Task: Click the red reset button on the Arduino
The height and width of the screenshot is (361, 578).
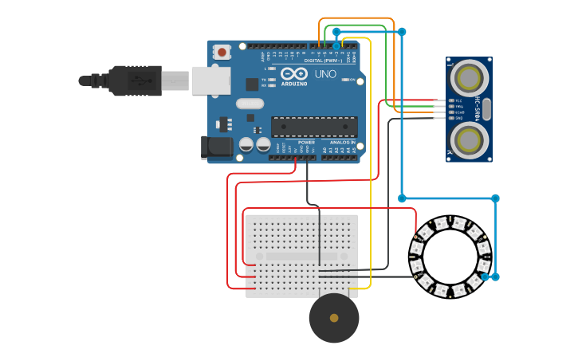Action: click(x=222, y=53)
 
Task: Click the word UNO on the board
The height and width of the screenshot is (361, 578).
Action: click(x=325, y=74)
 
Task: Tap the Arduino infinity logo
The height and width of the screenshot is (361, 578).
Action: click(x=293, y=73)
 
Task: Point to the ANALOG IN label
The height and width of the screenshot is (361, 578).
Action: click(x=343, y=143)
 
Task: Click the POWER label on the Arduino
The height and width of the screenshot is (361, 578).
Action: click(x=307, y=143)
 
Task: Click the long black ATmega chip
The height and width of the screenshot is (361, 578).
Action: click(x=314, y=126)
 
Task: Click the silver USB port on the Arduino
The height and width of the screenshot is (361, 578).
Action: click(x=211, y=80)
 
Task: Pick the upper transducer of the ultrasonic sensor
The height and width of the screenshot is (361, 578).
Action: click(x=468, y=78)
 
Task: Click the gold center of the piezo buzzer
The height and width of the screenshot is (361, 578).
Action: click(x=334, y=318)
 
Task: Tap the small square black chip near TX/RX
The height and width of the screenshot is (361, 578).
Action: click(x=252, y=84)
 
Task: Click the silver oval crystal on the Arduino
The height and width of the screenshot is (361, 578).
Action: click(x=250, y=103)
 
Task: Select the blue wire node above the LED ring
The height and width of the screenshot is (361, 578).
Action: click(x=495, y=198)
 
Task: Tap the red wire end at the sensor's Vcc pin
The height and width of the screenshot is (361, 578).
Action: click(x=437, y=101)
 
